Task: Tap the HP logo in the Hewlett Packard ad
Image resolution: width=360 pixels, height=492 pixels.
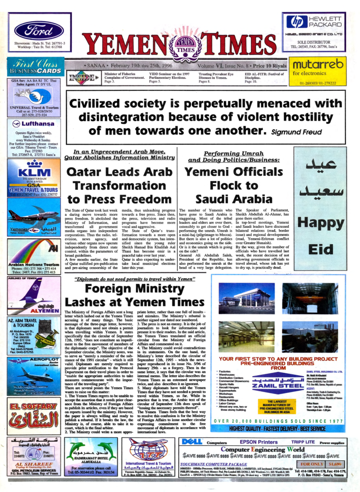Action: pos(297,22)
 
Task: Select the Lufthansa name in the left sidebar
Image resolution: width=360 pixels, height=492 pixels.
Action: pos(37,123)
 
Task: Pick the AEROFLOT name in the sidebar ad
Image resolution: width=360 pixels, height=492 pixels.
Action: pos(43,359)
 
